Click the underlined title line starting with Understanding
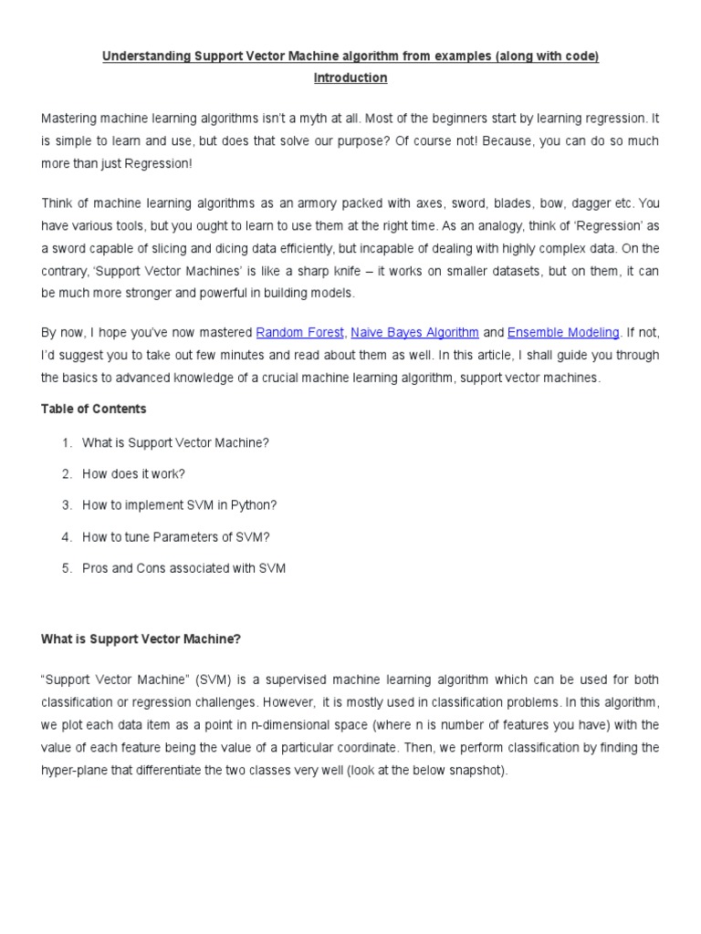(x=350, y=57)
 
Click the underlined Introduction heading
(x=350, y=78)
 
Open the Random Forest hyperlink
(x=299, y=333)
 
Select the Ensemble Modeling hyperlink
(x=563, y=333)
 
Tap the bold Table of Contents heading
(x=93, y=409)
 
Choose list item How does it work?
(x=133, y=474)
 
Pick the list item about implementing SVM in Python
(x=179, y=505)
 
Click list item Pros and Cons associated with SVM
(x=183, y=568)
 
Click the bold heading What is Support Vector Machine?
(x=141, y=639)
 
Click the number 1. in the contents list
(x=67, y=442)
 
